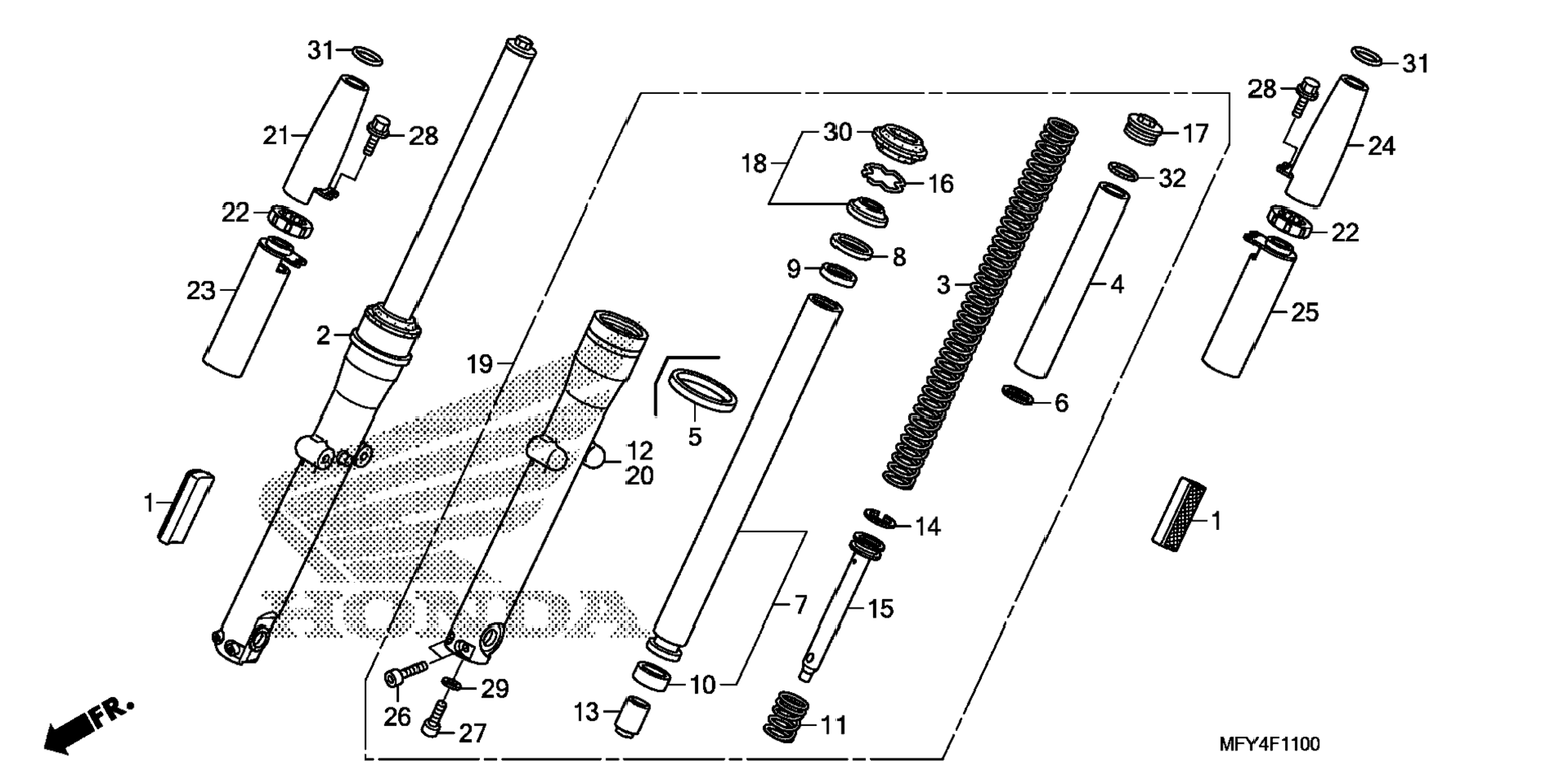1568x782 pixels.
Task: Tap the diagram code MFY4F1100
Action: (x=1269, y=744)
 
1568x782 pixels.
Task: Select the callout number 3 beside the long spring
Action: (x=943, y=285)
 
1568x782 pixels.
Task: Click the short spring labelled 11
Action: (x=786, y=716)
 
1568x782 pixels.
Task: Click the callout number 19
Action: (x=480, y=365)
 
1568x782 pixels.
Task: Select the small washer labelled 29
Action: (x=455, y=685)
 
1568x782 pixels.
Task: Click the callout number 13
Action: (x=585, y=712)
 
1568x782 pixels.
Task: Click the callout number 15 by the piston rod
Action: (x=880, y=608)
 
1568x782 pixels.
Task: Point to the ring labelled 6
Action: (x=1019, y=395)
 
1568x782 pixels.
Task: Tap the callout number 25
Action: (x=1305, y=312)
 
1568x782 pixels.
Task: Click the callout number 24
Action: (x=1382, y=147)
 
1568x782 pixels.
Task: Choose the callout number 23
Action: (x=200, y=290)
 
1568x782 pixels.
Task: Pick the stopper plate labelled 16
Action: (x=883, y=178)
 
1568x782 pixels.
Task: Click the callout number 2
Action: (x=323, y=335)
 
